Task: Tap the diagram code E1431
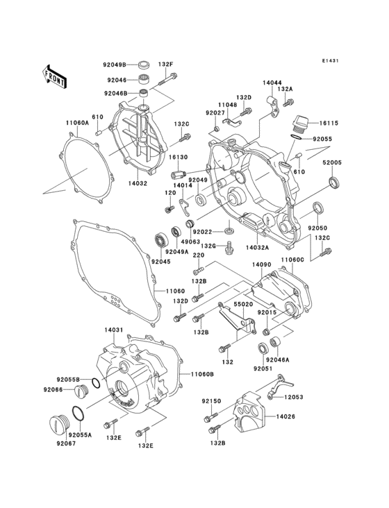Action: coord(330,60)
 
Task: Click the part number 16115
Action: coord(329,123)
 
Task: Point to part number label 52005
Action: coord(331,162)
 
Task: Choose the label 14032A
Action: coord(257,246)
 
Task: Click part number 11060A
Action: coord(78,123)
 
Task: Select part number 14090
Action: coord(261,264)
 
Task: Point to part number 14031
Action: coord(113,331)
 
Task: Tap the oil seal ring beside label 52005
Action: coord(334,182)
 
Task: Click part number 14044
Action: coord(273,83)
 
